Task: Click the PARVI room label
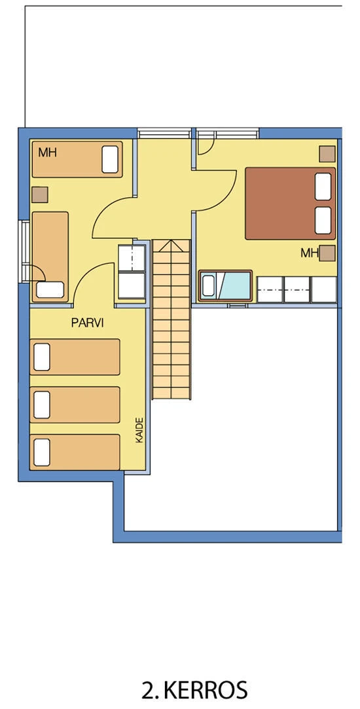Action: pos(88,323)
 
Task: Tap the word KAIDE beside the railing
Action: pos(140,430)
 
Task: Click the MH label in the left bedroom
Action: pos(48,153)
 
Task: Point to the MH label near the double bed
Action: pos(309,253)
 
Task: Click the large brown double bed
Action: pos(291,204)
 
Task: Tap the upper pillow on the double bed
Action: pos(323,187)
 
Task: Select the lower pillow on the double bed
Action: pos(323,220)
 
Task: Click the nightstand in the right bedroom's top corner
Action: pos(327,154)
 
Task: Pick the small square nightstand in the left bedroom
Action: pos(40,194)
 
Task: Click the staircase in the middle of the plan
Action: pos(171,319)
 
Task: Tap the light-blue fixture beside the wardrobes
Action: pos(225,286)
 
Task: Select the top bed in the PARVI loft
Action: pos(75,357)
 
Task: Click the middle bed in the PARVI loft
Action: pos(75,405)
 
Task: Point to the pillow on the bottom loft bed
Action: pos(42,452)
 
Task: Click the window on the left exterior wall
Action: pos(25,251)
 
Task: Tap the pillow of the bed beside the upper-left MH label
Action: pos(110,159)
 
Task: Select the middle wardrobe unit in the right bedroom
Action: pos(297,289)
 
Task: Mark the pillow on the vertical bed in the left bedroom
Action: pos(50,289)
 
